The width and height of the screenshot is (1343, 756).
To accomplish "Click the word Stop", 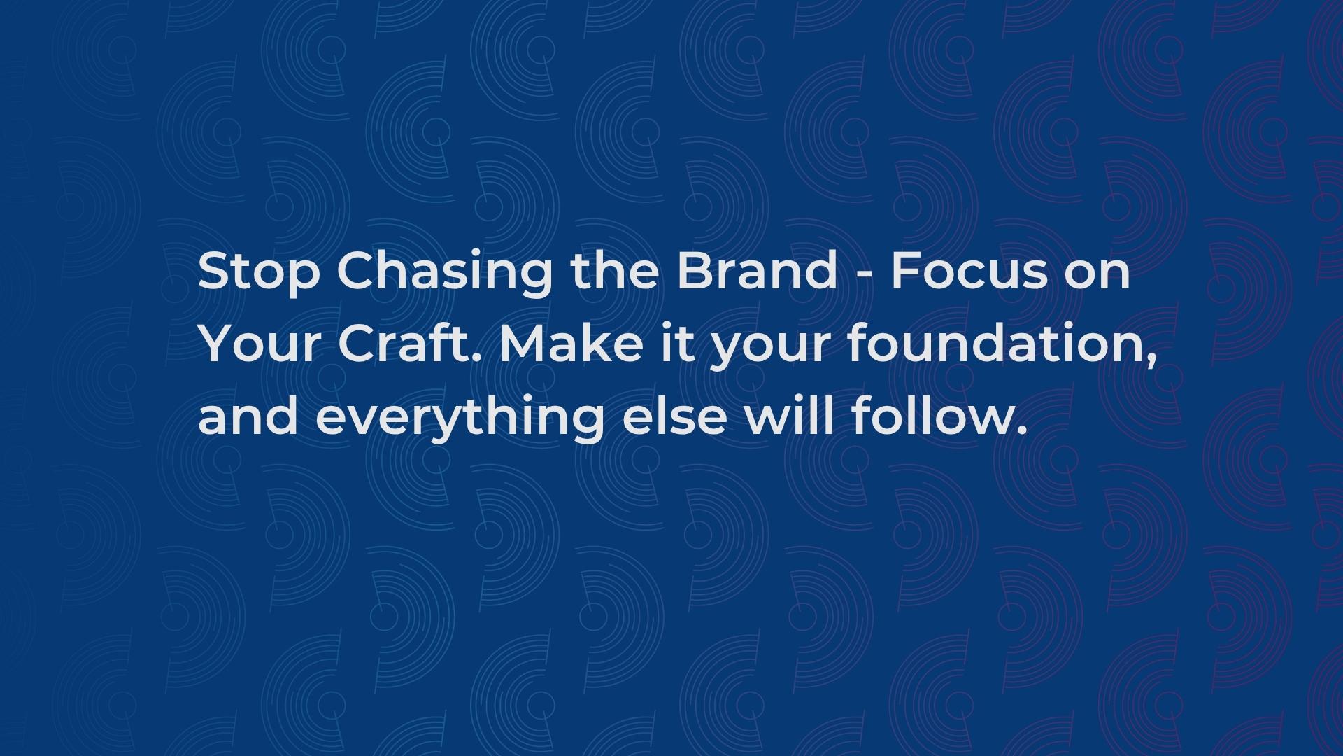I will click(x=258, y=272).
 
